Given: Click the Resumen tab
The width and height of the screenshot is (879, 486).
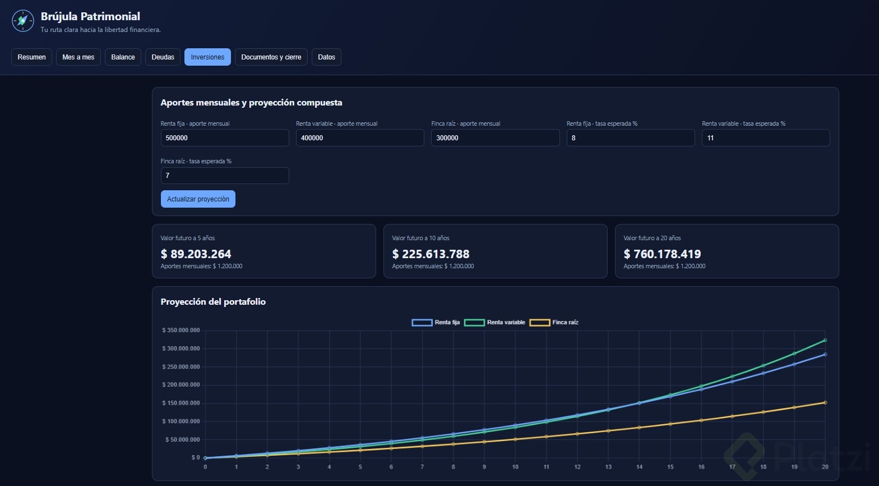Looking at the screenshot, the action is pyautogui.click(x=31, y=57).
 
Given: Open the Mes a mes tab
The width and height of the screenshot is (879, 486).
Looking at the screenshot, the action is pyautogui.click(x=78, y=57).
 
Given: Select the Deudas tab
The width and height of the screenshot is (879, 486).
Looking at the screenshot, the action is pyautogui.click(x=163, y=57).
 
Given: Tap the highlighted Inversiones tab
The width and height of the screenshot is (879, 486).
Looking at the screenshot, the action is pyautogui.click(x=207, y=57).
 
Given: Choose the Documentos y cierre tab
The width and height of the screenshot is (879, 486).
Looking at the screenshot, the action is pyautogui.click(x=271, y=57).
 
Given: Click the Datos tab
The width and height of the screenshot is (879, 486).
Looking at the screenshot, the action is pyautogui.click(x=326, y=57).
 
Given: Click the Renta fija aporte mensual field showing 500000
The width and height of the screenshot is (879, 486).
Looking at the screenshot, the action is pyautogui.click(x=225, y=138).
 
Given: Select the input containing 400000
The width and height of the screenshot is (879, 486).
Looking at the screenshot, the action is pyautogui.click(x=360, y=138).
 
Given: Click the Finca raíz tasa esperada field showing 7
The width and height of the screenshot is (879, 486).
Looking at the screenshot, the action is pyautogui.click(x=225, y=176).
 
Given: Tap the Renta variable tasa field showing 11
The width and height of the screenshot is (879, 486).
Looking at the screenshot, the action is pyautogui.click(x=766, y=138).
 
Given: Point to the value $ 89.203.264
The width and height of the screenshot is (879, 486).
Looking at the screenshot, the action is pyautogui.click(x=196, y=254).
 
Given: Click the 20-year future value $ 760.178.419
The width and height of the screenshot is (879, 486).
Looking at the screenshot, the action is pyautogui.click(x=663, y=254).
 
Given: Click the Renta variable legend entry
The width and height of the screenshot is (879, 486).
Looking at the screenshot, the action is pyautogui.click(x=495, y=323).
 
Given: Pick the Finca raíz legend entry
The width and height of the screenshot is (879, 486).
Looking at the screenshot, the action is pyautogui.click(x=554, y=323).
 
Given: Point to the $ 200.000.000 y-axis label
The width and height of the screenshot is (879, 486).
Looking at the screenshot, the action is pyautogui.click(x=181, y=384).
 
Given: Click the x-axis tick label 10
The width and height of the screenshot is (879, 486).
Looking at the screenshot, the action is pyautogui.click(x=515, y=467).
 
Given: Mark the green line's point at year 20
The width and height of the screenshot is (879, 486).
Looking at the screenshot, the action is pyautogui.click(x=825, y=340).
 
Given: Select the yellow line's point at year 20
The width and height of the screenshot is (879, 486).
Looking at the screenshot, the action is pyautogui.click(x=825, y=403).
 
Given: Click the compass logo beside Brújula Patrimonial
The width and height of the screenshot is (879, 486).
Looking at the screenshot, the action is pyautogui.click(x=23, y=20).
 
